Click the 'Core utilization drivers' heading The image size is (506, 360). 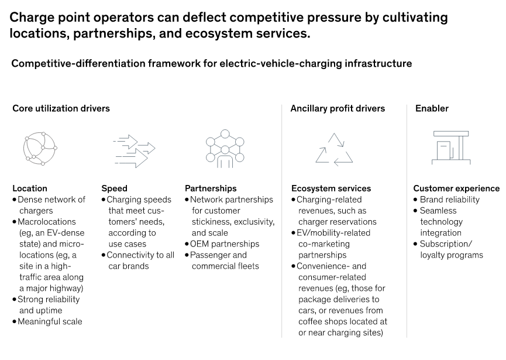[x=61, y=108]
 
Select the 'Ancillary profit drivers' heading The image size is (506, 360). [x=338, y=108]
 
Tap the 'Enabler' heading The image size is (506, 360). [x=432, y=108]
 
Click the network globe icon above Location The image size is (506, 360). [x=40, y=149]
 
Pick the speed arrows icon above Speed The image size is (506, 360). [x=134, y=151]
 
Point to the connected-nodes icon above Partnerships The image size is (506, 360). [x=225, y=149]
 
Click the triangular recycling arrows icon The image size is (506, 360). [x=335, y=149]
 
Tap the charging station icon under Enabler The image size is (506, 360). [x=451, y=148]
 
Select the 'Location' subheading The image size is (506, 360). [x=30, y=188]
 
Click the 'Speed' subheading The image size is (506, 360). [x=114, y=188]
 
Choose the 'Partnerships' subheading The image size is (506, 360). [x=211, y=188]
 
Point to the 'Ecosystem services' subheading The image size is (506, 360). [x=331, y=188]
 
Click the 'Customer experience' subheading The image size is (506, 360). [x=456, y=188]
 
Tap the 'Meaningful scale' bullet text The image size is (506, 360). [x=50, y=321]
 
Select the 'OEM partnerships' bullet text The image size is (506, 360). [x=225, y=244]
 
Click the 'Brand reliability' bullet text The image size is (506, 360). [x=449, y=200]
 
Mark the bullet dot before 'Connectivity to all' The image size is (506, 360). [x=104, y=255]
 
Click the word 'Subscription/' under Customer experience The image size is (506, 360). [x=446, y=244]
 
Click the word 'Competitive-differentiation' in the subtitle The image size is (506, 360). [x=78, y=64]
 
